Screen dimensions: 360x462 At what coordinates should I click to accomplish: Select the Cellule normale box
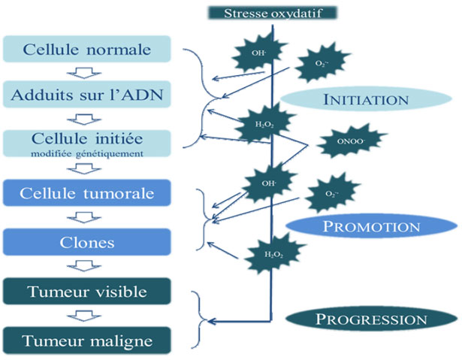pyautogui.click(x=88, y=50)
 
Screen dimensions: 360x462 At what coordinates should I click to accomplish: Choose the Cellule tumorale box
pyautogui.click(x=88, y=195)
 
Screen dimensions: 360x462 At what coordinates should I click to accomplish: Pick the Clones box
pyautogui.click(x=88, y=242)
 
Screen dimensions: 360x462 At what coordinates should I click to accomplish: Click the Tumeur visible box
pyautogui.click(x=88, y=291)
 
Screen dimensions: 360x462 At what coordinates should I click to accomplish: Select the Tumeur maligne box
pyautogui.click(x=88, y=340)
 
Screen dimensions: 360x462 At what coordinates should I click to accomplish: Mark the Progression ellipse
pyautogui.click(x=371, y=319)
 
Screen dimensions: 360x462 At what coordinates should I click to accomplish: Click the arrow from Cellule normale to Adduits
pyautogui.click(x=89, y=72)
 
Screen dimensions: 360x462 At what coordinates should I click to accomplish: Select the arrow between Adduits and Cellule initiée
pyautogui.click(x=89, y=118)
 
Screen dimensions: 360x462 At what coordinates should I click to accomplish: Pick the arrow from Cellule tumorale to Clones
pyautogui.click(x=89, y=219)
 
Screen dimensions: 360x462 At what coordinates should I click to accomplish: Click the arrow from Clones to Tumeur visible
pyautogui.click(x=89, y=267)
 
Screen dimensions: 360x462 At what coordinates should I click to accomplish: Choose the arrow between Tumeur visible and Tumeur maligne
pyautogui.click(x=89, y=316)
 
